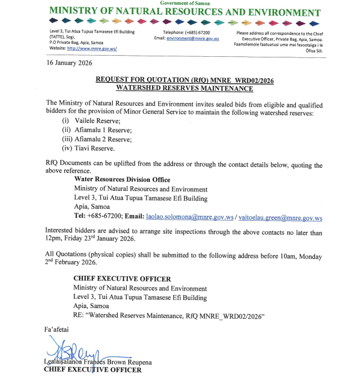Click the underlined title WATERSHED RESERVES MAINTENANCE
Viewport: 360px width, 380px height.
point(184,88)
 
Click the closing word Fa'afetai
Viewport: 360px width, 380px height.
point(56,328)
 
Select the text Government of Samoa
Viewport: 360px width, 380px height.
point(185,3)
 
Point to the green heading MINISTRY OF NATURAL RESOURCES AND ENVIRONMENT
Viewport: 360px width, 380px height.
point(185,12)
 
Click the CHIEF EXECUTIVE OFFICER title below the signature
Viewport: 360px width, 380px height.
point(93,370)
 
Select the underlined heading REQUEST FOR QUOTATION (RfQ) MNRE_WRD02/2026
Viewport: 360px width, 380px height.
point(184,81)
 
